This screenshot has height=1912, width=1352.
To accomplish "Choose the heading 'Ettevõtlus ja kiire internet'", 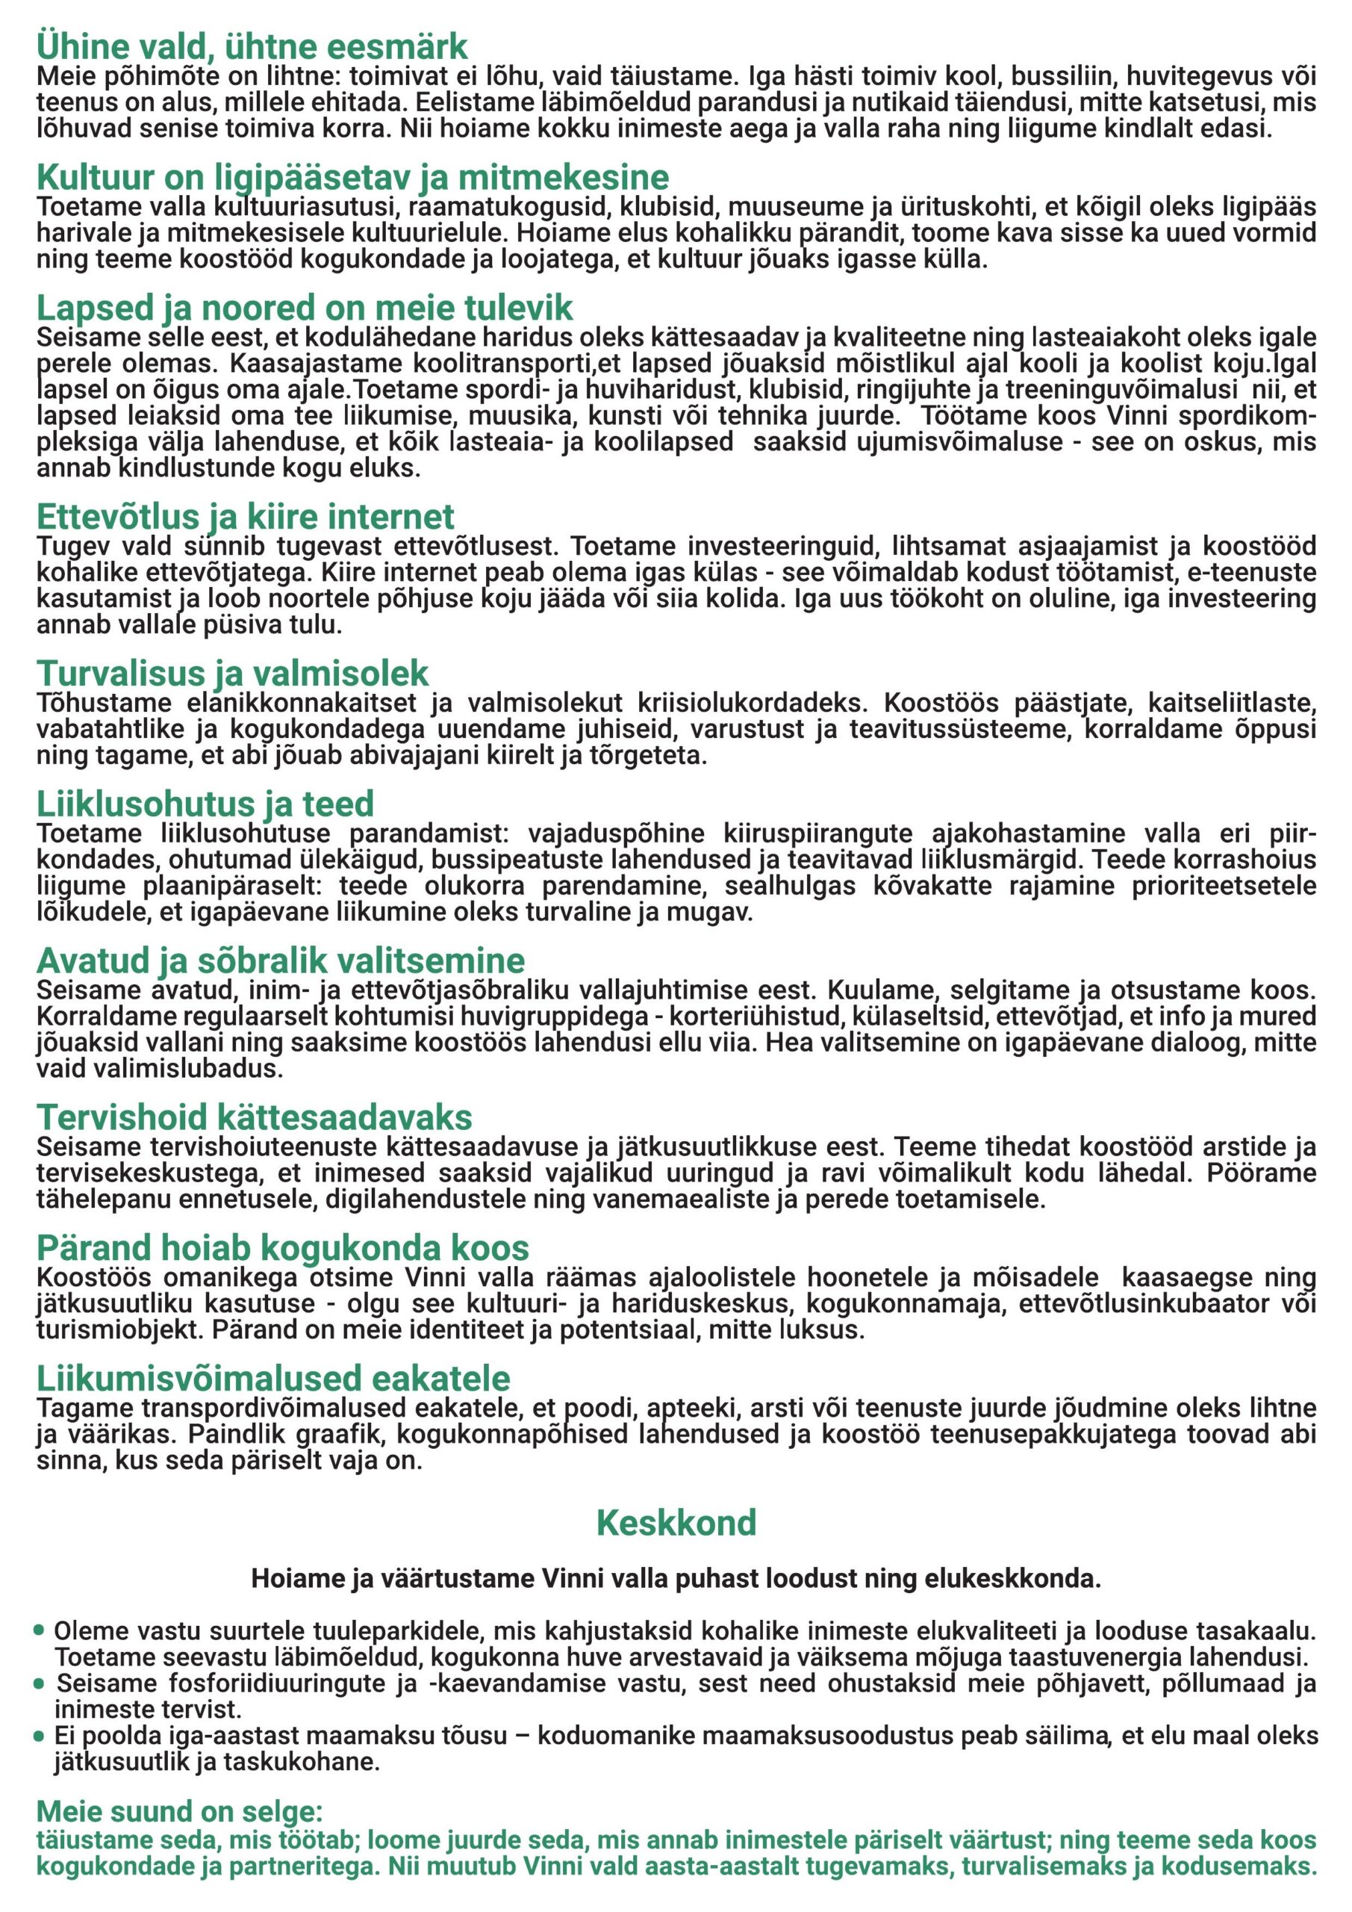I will pyautogui.click(x=245, y=516).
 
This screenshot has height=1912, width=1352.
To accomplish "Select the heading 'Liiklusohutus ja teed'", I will pyautogui.click(x=205, y=804).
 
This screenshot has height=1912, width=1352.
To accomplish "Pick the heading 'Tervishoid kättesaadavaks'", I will pyautogui.click(x=254, y=1117).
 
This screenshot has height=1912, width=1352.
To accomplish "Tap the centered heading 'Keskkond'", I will pyautogui.click(x=676, y=1523).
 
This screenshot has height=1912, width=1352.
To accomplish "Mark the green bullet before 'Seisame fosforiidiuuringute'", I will pyautogui.click(x=39, y=1683).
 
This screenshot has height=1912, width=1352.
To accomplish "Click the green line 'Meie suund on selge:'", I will pyautogui.click(x=179, y=1812).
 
